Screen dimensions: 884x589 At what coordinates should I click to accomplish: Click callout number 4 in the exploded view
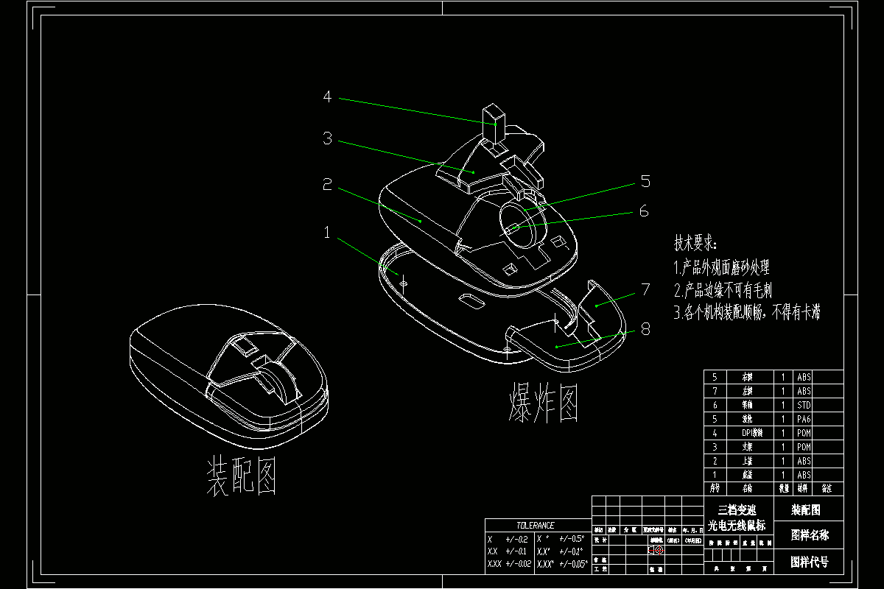[x=327, y=96]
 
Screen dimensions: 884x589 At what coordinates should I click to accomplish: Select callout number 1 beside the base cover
[x=327, y=233]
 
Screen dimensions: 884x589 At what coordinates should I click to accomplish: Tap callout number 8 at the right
[x=645, y=329]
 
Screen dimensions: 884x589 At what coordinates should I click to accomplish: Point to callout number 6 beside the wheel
[x=644, y=211]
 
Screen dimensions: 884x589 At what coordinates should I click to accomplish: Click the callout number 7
[x=645, y=289]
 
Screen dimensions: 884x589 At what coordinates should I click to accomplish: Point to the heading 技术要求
[x=695, y=244]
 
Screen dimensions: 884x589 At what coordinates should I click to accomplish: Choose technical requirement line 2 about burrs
[x=723, y=290]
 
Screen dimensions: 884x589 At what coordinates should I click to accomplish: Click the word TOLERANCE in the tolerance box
[x=535, y=526]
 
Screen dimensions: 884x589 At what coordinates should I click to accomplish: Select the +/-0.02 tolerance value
[x=518, y=564]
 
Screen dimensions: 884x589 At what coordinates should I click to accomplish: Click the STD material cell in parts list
[x=804, y=405]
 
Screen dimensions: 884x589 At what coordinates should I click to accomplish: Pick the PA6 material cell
[x=804, y=419]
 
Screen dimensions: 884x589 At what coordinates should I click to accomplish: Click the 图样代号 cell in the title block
[x=809, y=562]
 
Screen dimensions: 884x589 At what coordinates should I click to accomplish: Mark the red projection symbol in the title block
[x=656, y=550]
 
